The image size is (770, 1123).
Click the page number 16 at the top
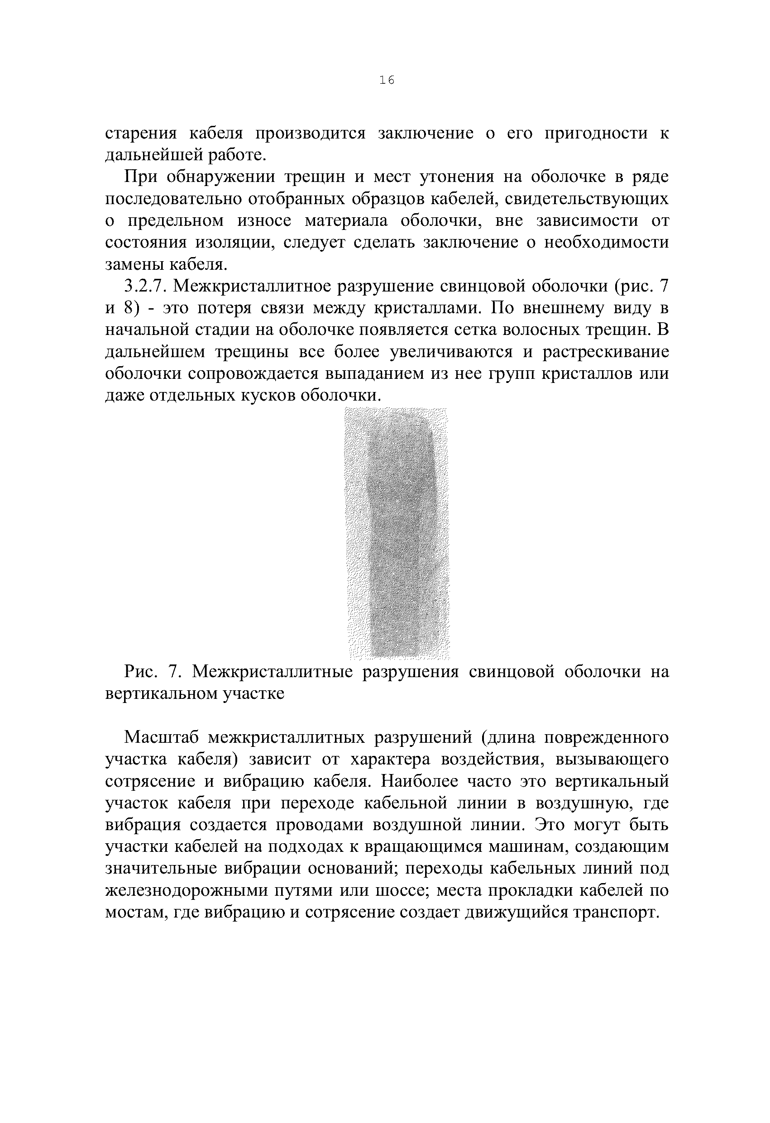[x=387, y=80]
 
